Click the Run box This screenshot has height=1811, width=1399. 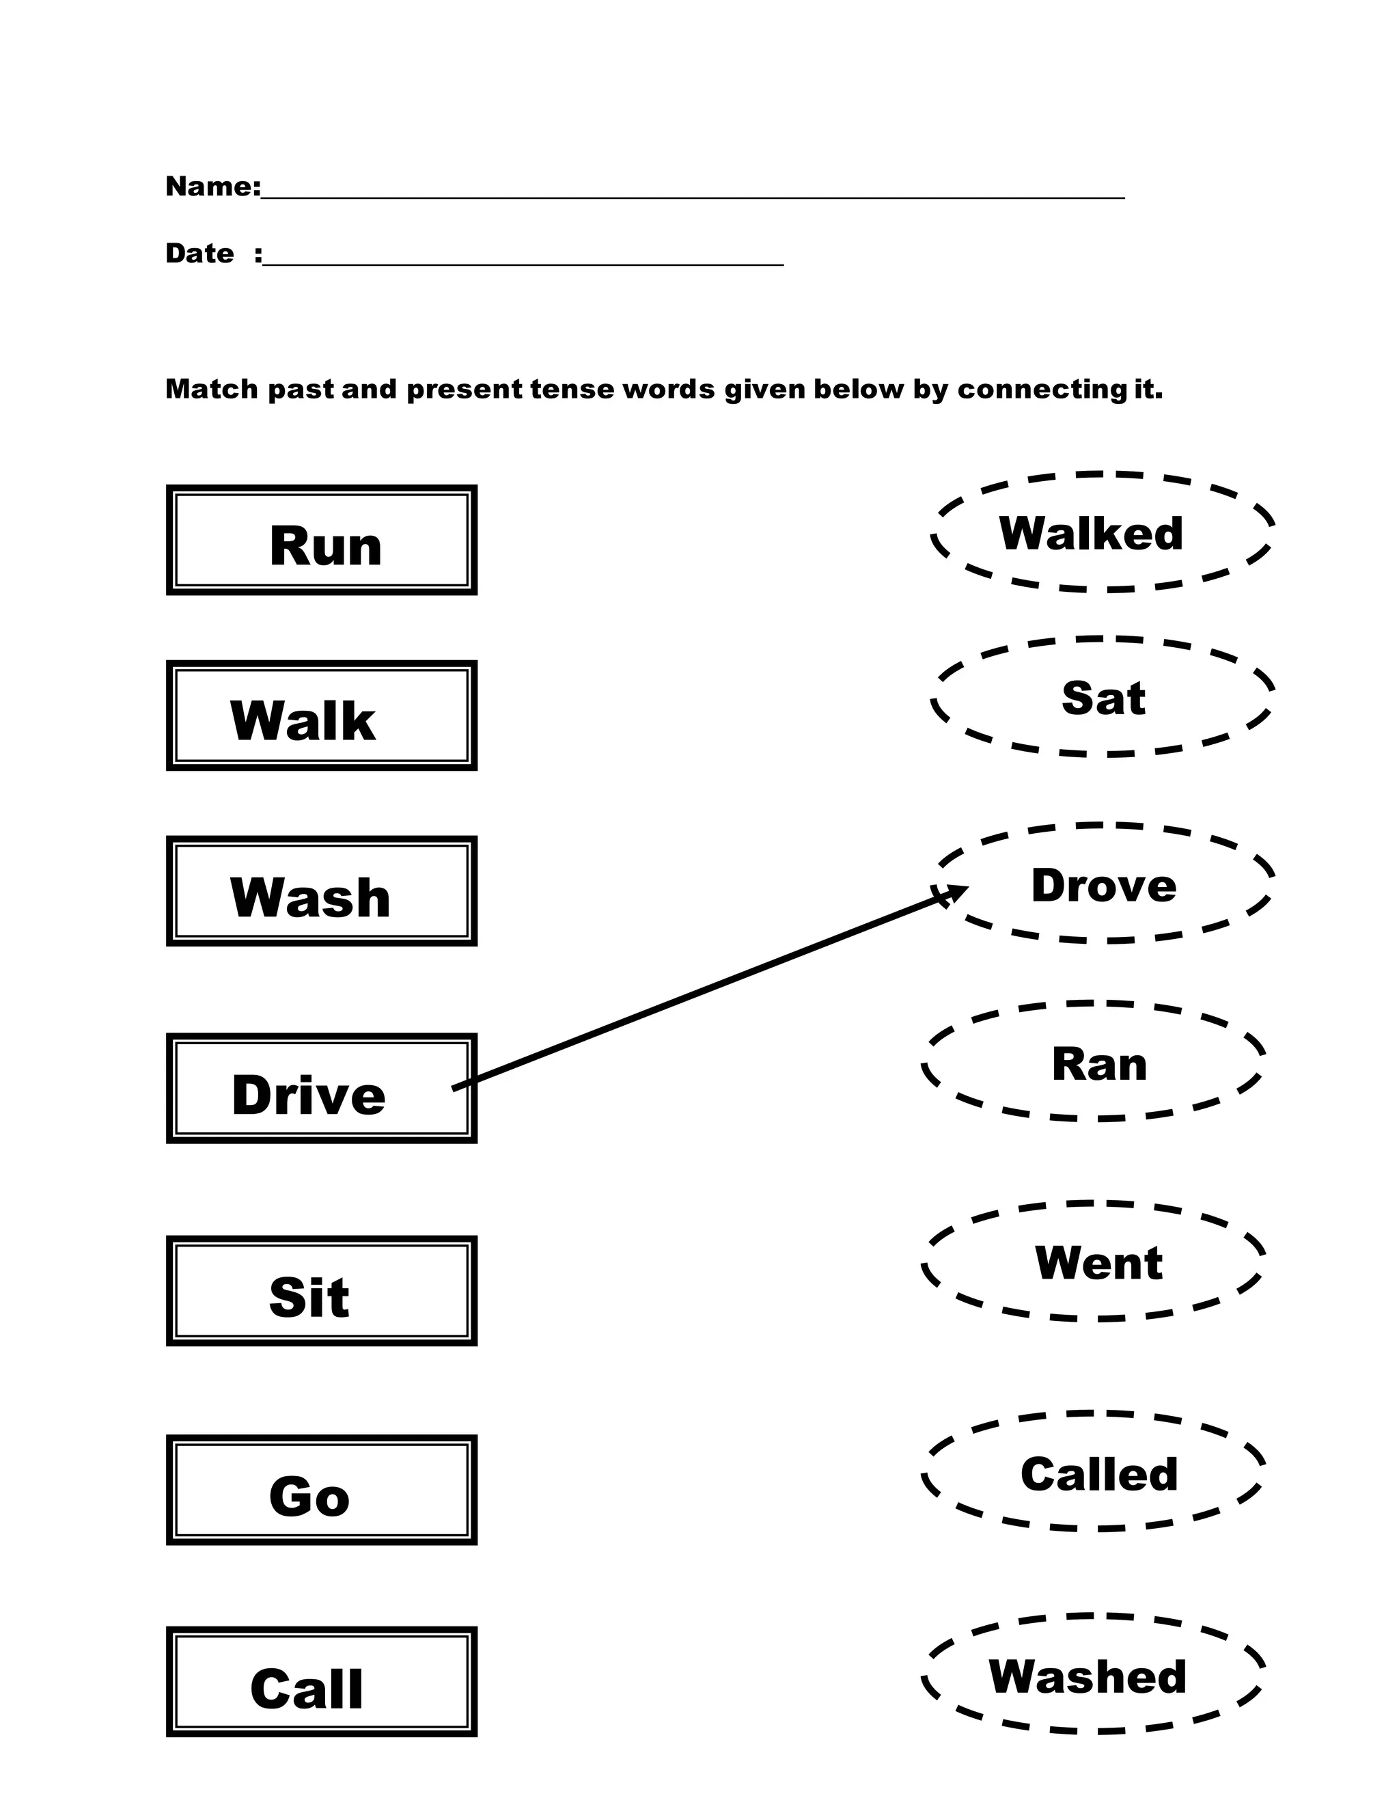click(322, 540)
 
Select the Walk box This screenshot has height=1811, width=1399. click(322, 716)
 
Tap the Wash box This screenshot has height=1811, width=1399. click(322, 891)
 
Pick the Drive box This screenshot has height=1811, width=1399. click(322, 1089)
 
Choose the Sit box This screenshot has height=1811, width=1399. click(322, 1291)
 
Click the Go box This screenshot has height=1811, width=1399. click(322, 1490)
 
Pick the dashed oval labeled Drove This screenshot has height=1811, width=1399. click(1103, 884)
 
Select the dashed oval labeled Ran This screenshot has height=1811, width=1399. click(1094, 1062)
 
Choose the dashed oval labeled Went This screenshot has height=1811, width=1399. click(1094, 1262)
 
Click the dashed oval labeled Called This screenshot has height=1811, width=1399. click(1094, 1472)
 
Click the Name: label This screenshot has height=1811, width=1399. click(213, 187)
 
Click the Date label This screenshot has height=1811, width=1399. click(199, 253)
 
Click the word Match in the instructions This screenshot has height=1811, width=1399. click(212, 389)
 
